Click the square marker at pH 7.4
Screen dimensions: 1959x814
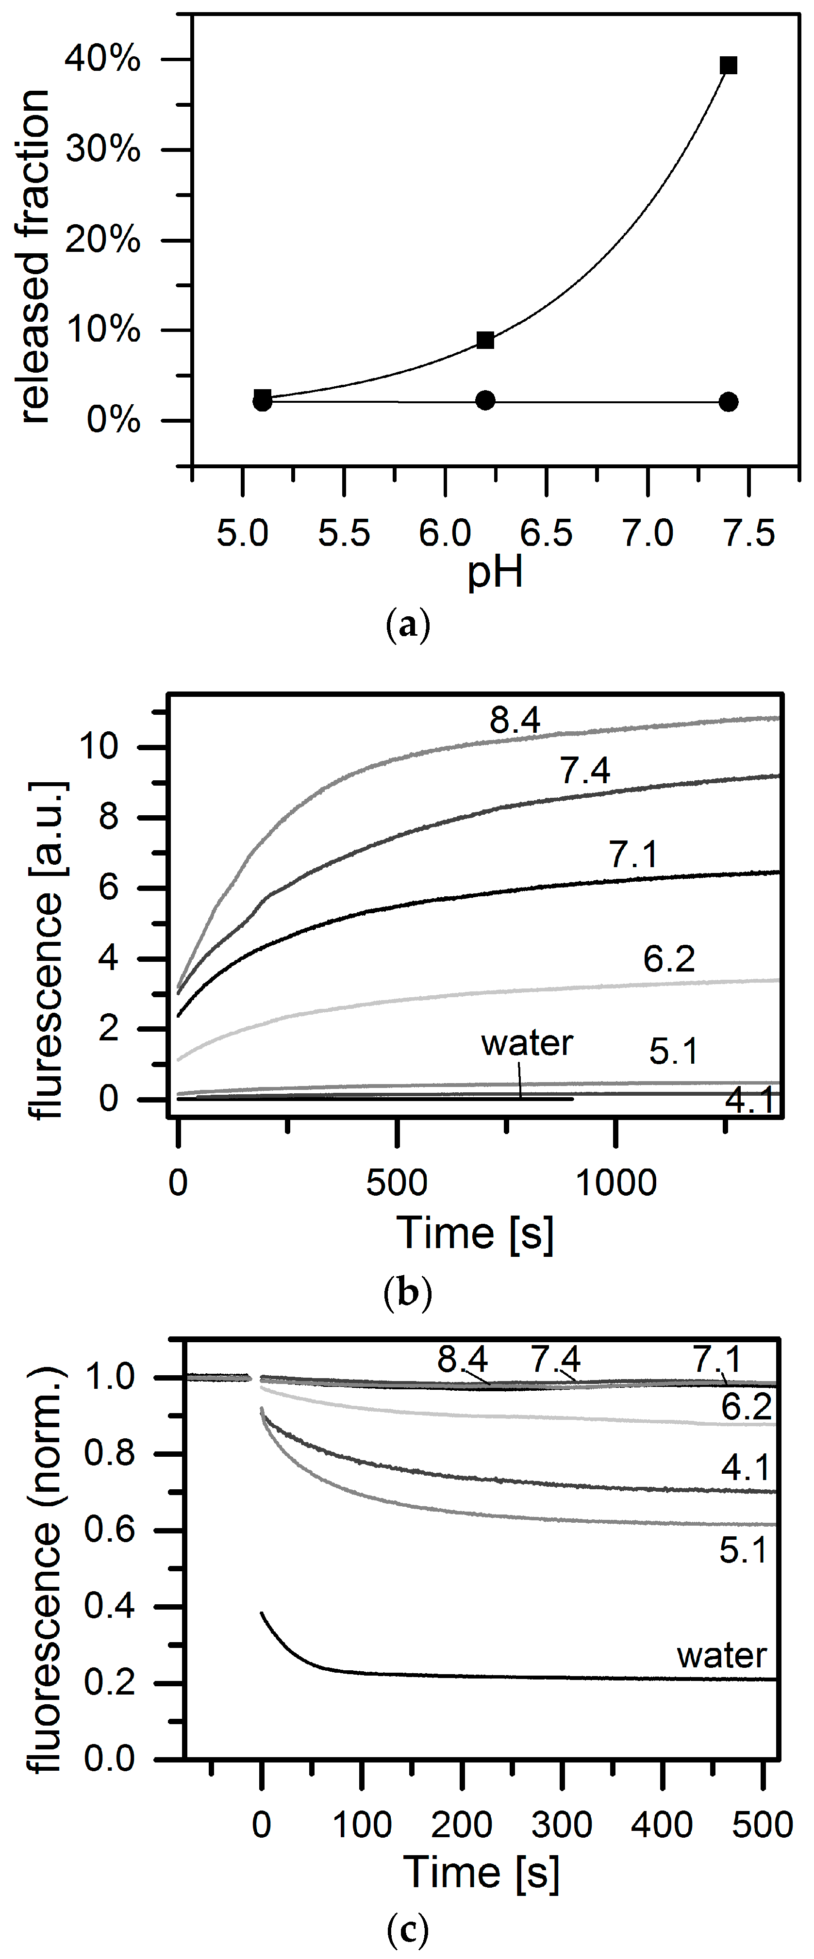click(x=728, y=66)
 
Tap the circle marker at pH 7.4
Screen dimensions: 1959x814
click(x=728, y=401)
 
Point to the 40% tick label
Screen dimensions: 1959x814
click(x=103, y=59)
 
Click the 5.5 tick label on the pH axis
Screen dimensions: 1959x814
click(x=344, y=533)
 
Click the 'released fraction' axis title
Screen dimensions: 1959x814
click(x=35, y=256)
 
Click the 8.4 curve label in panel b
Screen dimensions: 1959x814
click(x=515, y=720)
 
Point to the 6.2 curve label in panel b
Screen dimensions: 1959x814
click(x=669, y=959)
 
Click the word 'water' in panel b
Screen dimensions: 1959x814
click(x=527, y=1043)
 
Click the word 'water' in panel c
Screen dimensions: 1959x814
click(x=721, y=1656)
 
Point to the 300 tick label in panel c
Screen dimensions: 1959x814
click(x=562, y=1825)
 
